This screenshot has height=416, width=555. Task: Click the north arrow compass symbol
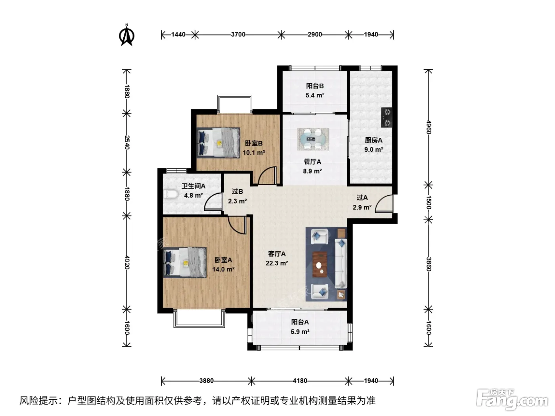click(x=127, y=35)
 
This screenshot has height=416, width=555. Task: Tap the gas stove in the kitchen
click(x=387, y=117)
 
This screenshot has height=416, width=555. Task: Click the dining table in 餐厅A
click(x=313, y=139)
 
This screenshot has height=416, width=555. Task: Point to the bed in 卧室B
click(x=218, y=143)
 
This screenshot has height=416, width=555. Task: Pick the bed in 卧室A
click(x=185, y=263)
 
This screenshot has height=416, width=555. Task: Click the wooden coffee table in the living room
click(x=320, y=264)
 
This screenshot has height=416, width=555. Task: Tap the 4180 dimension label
click(x=300, y=381)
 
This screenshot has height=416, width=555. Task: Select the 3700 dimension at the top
click(x=238, y=34)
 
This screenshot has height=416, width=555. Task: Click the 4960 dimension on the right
click(x=429, y=127)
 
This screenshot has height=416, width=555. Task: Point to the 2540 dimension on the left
click(x=127, y=142)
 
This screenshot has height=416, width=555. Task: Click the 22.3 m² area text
click(x=277, y=263)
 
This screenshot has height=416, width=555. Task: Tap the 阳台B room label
click(x=315, y=86)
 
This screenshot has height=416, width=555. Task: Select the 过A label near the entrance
click(x=362, y=198)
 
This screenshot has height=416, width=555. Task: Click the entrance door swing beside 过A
click(x=384, y=203)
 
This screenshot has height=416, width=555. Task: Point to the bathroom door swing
click(x=213, y=201)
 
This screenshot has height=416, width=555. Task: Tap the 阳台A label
click(x=300, y=322)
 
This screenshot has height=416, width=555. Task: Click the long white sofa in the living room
click(x=341, y=263)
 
